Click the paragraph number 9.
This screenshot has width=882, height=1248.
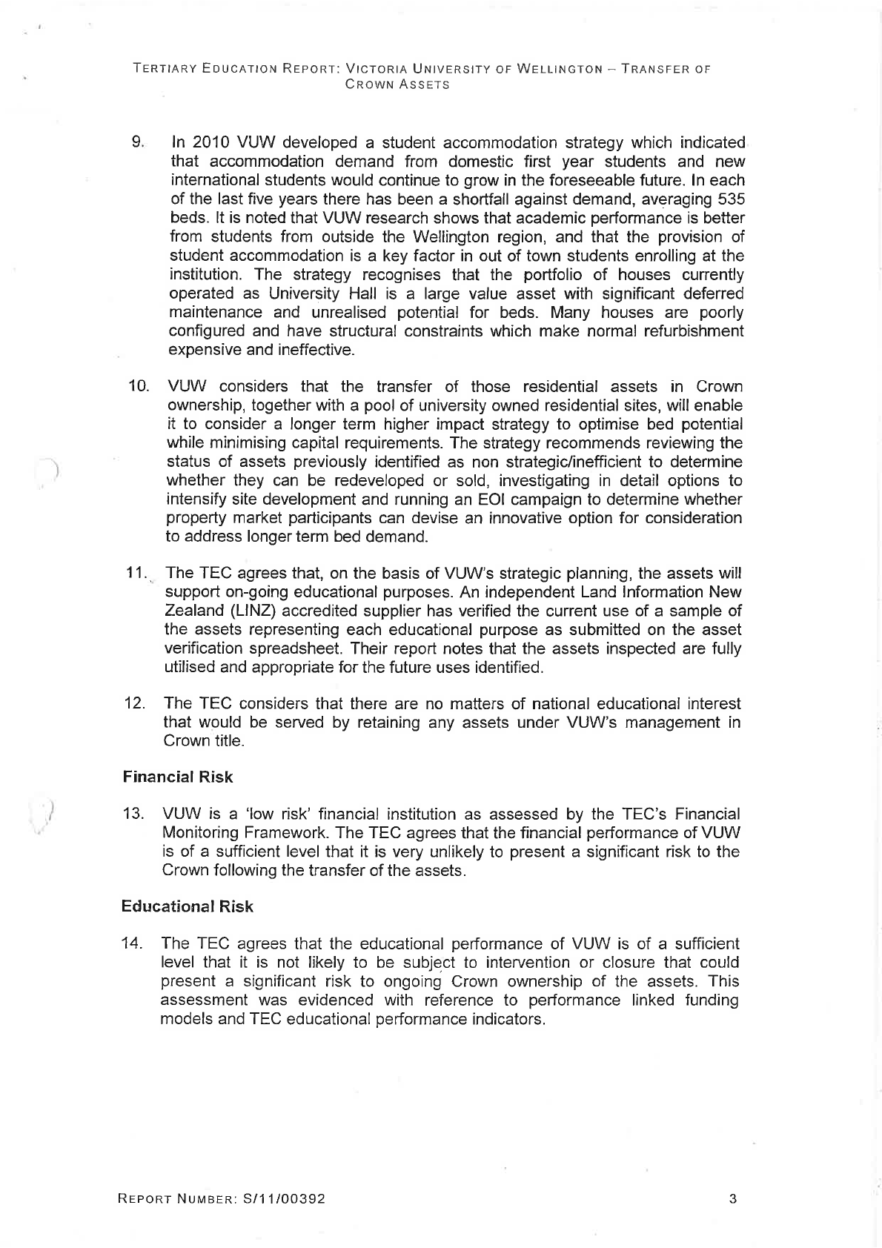click(137, 142)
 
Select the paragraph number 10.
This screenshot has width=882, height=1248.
click(139, 387)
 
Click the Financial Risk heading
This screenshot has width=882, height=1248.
click(177, 777)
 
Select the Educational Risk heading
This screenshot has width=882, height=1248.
click(187, 906)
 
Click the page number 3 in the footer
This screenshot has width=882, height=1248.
click(732, 1199)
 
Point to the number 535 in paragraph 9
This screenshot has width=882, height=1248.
click(731, 199)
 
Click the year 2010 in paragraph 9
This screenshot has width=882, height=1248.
click(214, 142)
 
